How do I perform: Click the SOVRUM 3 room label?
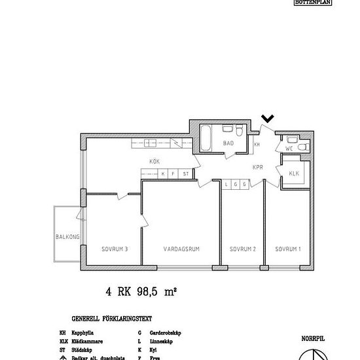pyautogui.click(x=114, y=249)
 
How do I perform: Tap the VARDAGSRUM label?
pyautogui.click(x=181, y=249)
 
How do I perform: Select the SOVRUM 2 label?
pyautogui.click(x=242, y=249)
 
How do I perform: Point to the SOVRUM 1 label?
pyautogui.click(x=287, y=249)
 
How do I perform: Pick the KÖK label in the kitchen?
pyautogui.click(x=154, y=161)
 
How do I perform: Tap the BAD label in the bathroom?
pyautogui.click(x=228, y=143)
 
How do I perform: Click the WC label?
pyautogui.click(x=289, y=149)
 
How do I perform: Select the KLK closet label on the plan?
pyautogui.click(x=293, y=173)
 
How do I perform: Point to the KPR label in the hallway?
pyautogui.click(x=258, y=167)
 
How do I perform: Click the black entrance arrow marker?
pyautogui.click(x=267, y=118)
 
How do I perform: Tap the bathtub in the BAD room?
pyautogui.click(x=206, y=138)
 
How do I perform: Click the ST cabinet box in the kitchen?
pyautogui.click(x=186, y=173)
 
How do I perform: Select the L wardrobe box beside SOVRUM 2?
pyautogui.click(x=226, y=185)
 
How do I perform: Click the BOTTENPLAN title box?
pyautogui.click(x=313, y=3)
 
